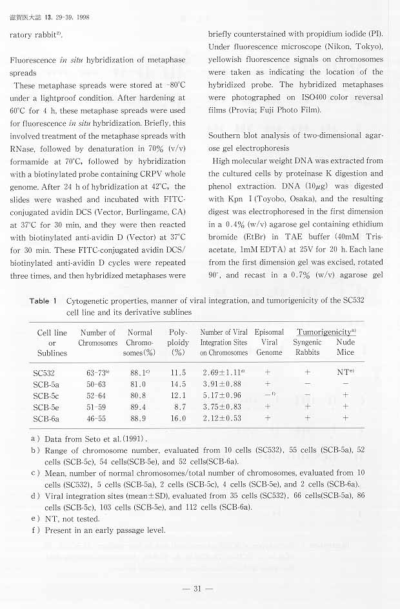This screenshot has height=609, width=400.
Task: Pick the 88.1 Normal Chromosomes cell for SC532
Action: [x=138, y=372]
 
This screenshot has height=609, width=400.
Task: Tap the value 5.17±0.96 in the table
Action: [x=222, y=395]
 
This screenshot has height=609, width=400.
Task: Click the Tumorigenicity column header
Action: [x=326, y=332]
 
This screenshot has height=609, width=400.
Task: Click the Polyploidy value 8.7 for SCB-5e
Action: [x=179, y=406]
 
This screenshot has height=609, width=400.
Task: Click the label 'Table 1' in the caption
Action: [x=44, y=301]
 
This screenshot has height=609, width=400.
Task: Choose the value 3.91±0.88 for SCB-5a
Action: [x=222, y=384]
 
